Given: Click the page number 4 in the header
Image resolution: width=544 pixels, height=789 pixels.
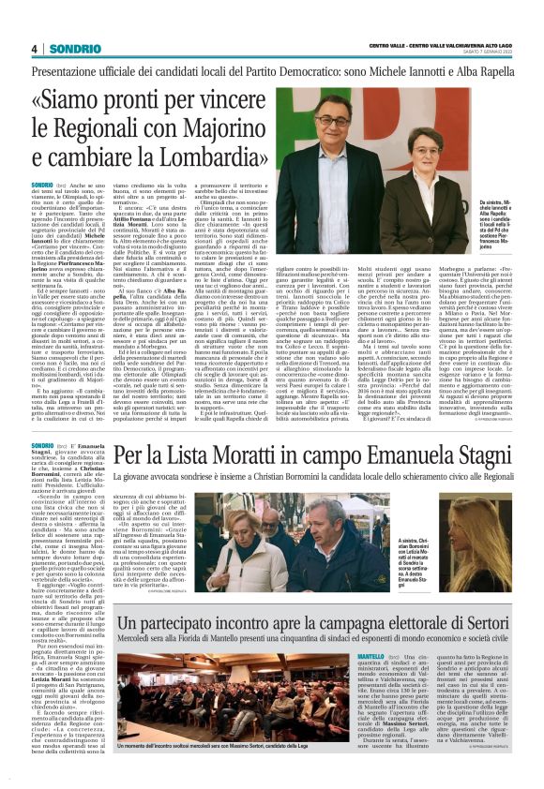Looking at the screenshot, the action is click(33, 49).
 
